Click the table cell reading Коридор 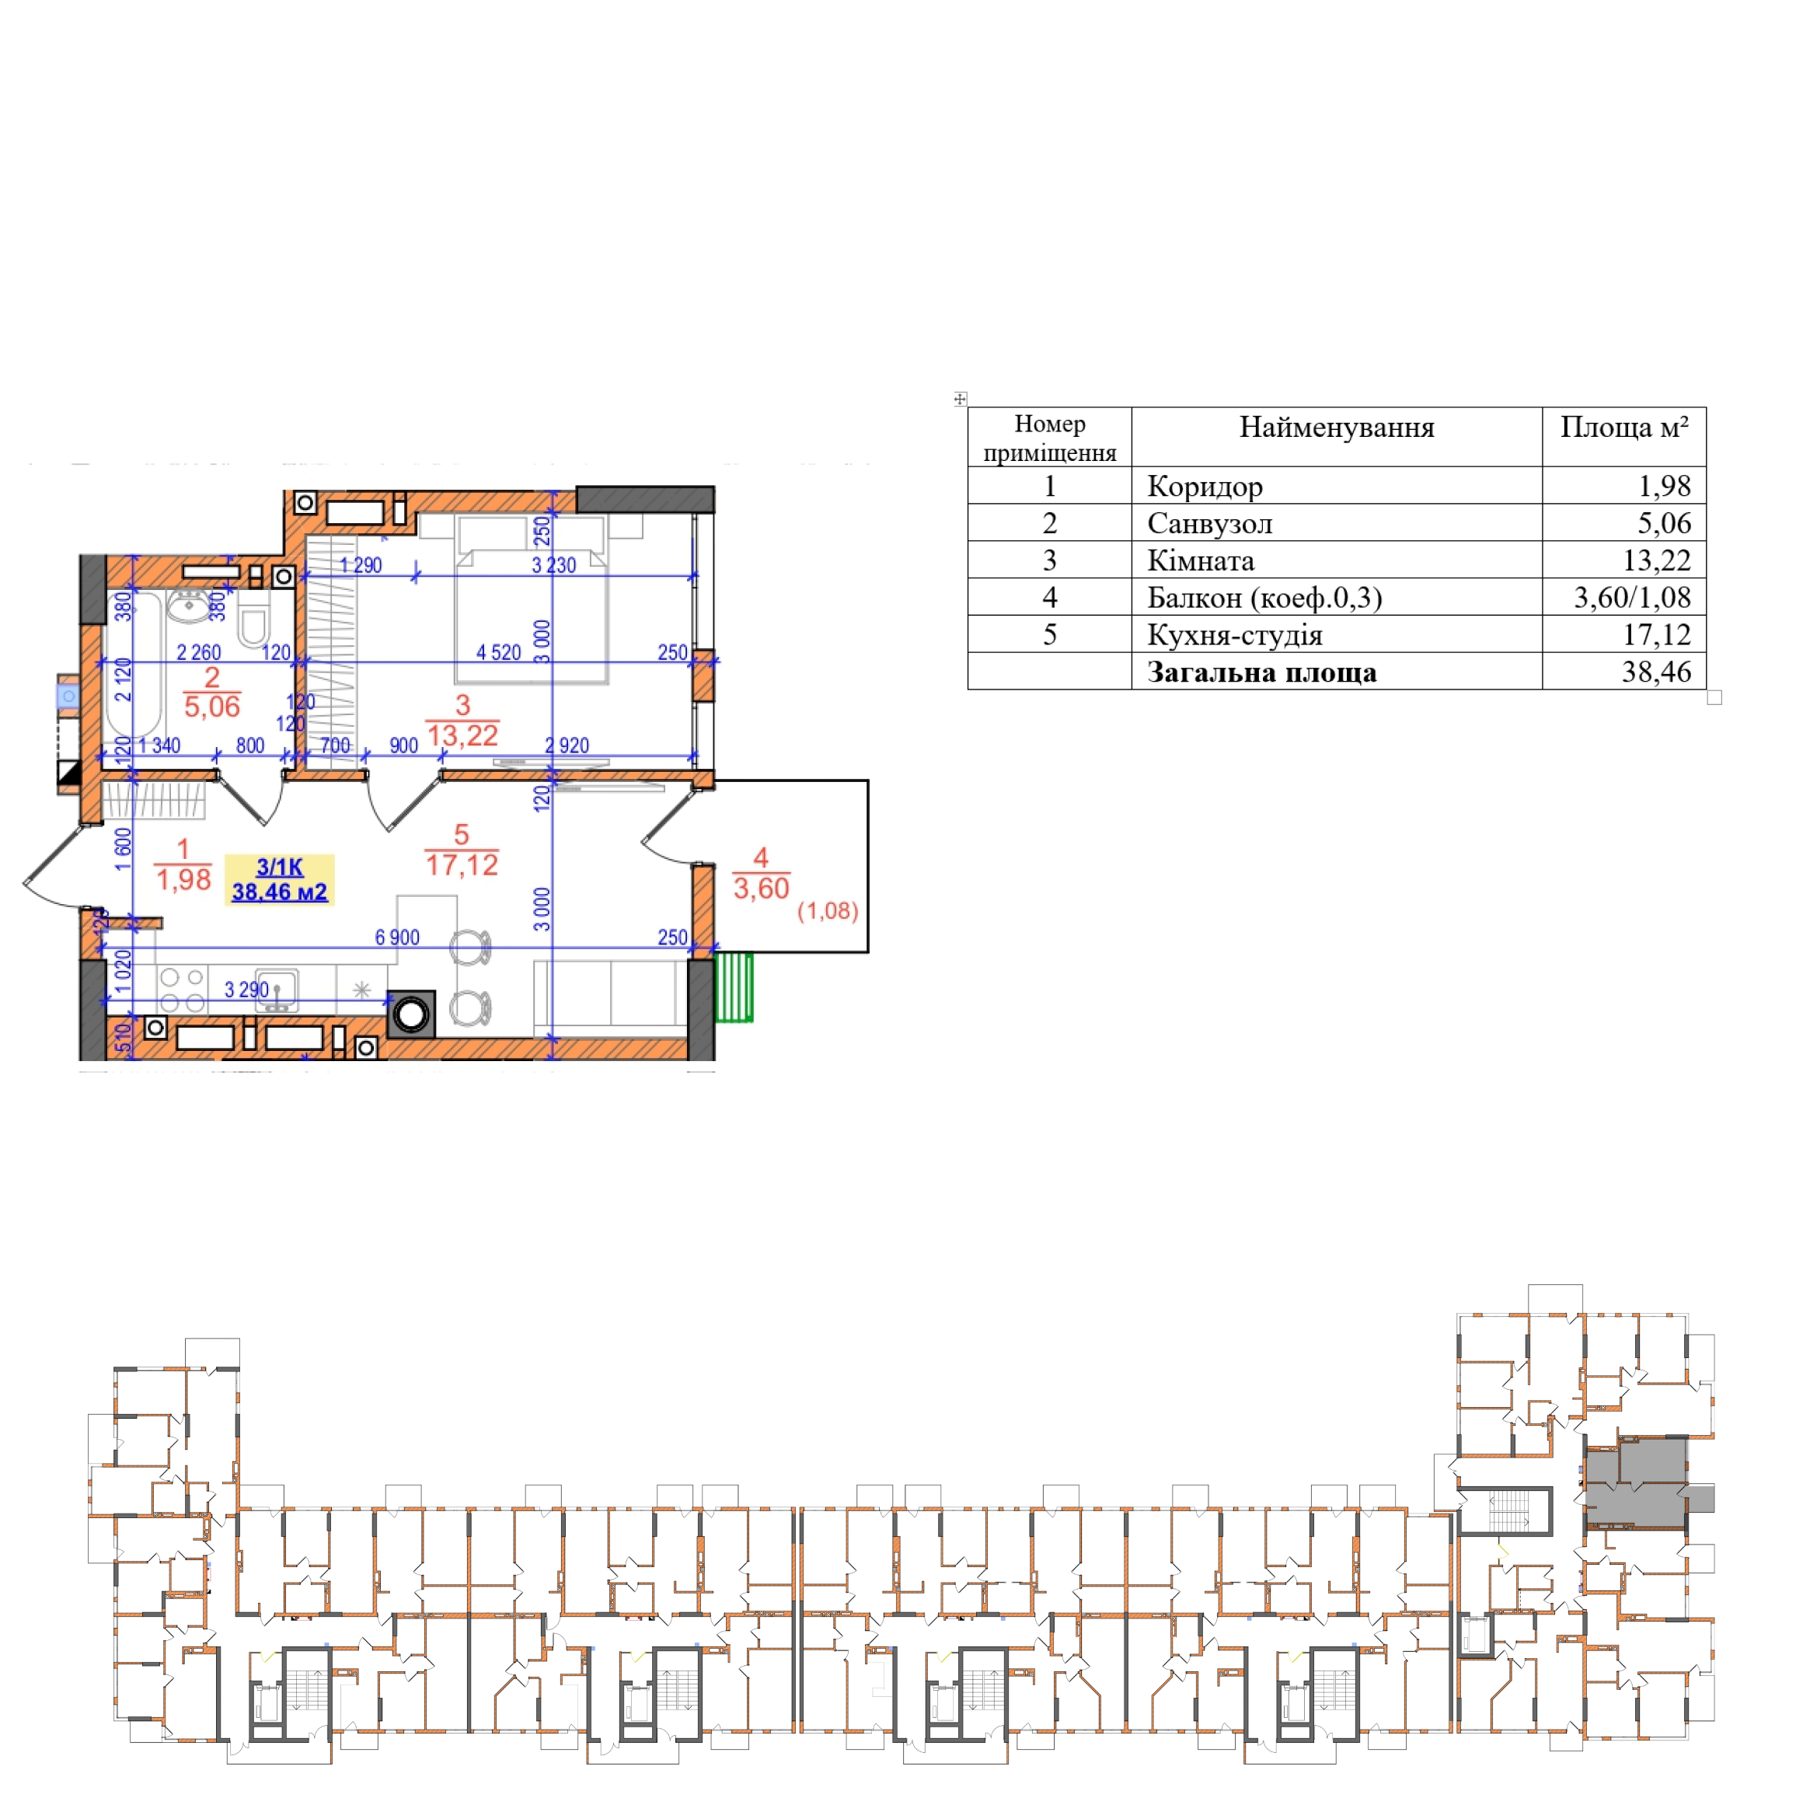pos(1204,486)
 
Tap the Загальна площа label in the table pos(1261,672)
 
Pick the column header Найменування pos(1336,428)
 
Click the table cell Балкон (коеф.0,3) pos(1264,598)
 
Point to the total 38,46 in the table pos(1656,672)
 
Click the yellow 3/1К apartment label pos(280,879)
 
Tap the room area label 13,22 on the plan pos(462,735)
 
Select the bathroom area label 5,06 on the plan pos(212,706)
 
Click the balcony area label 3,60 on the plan pos(761,888)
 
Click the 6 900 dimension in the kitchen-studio pos(397,937)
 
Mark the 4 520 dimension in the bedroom pos(498,652)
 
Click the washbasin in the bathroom pos(190,606)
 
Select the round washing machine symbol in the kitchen pos(411,1014)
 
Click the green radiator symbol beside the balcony pos(734,986)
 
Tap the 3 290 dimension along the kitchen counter pos(246,990)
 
